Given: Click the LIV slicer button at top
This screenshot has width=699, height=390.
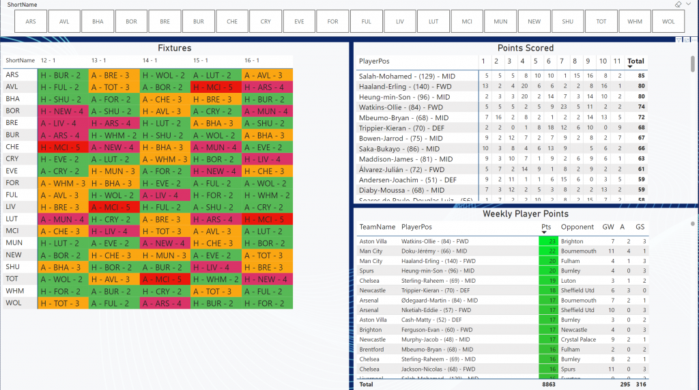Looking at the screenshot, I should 400,21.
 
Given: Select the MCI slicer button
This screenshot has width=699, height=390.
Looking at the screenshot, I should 467,21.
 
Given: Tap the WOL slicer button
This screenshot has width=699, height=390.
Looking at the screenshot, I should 668,21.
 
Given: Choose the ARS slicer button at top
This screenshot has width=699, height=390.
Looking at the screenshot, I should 31,21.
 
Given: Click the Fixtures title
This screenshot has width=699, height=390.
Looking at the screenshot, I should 175,48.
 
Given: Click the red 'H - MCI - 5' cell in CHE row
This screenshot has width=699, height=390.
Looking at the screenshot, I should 63,147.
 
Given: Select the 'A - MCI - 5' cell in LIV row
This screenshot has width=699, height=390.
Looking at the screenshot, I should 114,207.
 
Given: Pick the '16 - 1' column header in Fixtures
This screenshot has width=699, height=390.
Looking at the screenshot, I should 251,60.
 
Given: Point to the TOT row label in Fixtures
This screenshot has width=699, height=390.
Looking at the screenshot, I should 13,279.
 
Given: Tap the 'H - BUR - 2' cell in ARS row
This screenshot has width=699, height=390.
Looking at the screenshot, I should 63,75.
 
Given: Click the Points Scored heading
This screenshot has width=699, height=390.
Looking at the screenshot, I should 525,48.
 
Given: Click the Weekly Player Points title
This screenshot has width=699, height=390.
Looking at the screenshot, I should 526,214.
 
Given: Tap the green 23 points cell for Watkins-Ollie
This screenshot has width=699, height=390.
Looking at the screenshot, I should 548,241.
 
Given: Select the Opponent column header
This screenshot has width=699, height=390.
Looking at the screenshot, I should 577,227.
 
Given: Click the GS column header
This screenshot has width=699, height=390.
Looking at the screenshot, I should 640,227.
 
